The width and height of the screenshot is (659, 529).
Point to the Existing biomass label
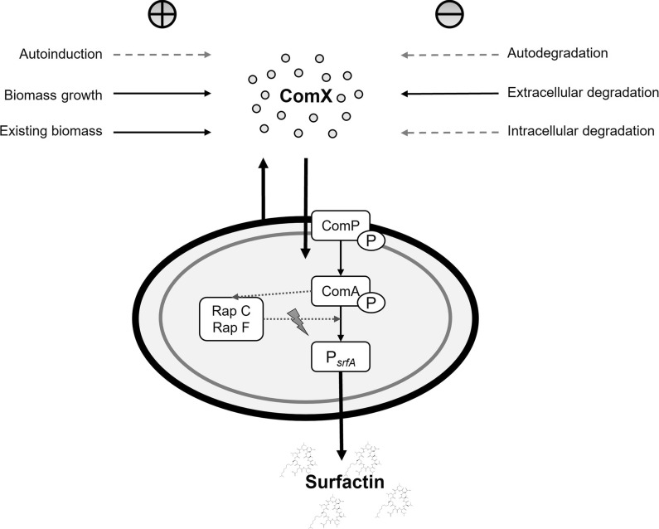51,131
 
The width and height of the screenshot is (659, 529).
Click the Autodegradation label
557,54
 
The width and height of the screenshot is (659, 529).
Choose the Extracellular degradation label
583,92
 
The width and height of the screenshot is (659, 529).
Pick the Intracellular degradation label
581,131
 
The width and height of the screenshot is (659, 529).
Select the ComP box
340,224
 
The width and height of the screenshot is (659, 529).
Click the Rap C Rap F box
231,319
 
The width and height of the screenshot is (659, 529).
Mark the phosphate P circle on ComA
369,303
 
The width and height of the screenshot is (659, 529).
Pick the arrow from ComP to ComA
341,257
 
